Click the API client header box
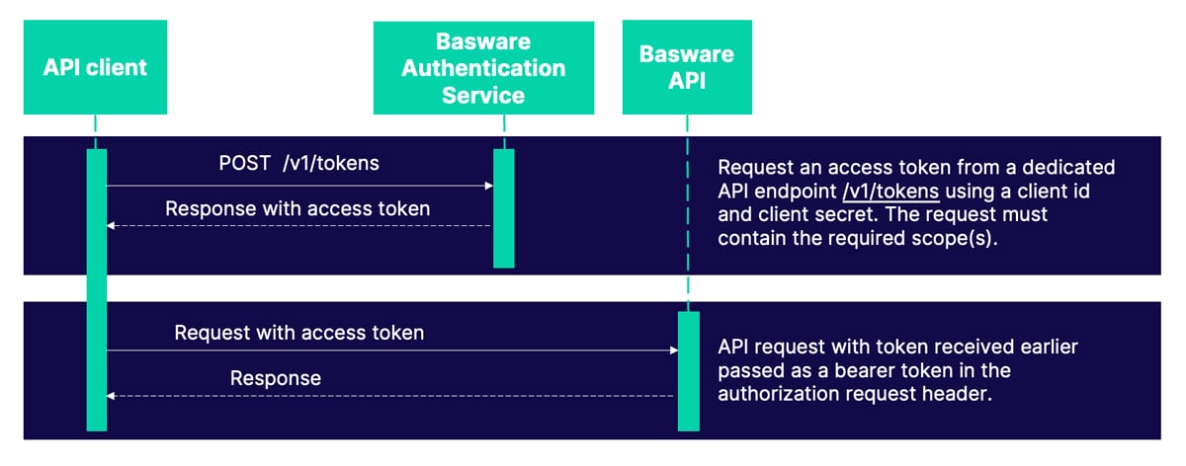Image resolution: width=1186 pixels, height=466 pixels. click(95, 67)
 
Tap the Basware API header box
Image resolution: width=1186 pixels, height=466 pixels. click(687, 67)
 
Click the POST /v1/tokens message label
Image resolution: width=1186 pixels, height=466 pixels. click(298, 163)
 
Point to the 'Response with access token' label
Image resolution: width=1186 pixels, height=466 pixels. click(297, 208)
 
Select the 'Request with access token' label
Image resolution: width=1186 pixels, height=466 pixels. click(298, 333)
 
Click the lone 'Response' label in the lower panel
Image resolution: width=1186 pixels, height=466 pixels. click(276, 378)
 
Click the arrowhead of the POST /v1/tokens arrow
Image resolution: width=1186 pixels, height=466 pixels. click(488, 186)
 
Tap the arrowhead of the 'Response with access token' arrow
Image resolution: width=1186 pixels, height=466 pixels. click(112, 226)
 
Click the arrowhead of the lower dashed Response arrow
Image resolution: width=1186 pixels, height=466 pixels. click(112, 395)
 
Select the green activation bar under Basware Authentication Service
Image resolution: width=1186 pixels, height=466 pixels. click(504, 207)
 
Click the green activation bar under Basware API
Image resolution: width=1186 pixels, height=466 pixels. click(688, 370)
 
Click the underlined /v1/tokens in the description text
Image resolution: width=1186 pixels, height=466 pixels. click(883, 191)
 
